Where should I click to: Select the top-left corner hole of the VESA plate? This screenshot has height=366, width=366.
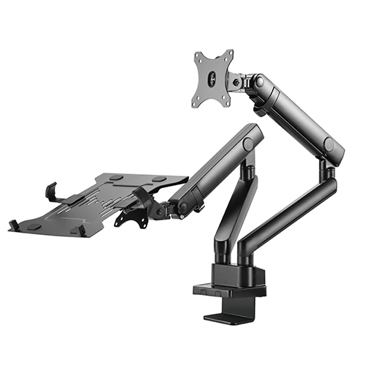pos(198,56)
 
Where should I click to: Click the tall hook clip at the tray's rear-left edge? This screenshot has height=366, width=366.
pos(51,192)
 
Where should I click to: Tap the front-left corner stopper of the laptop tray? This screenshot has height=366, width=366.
pos(14,224)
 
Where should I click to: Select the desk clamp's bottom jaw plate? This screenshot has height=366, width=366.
pos(226,319)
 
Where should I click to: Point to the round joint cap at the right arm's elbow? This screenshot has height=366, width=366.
pos(334,144)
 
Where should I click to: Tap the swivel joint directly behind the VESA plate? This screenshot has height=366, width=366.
pos(238,81)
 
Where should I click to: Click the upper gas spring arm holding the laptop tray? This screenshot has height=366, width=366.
pos(216,165)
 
